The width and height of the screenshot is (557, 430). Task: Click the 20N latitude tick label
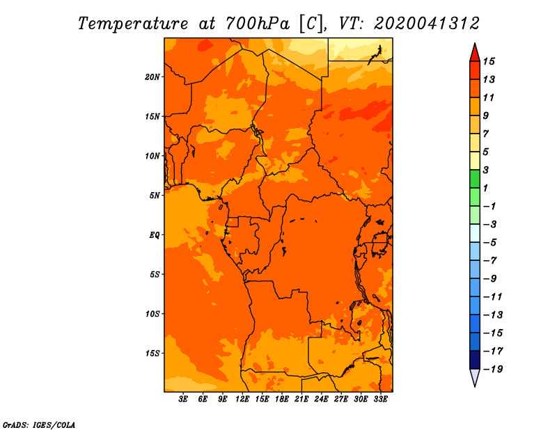(x=152, y=77)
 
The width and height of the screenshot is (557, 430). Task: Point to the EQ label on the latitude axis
(x=155, y=235)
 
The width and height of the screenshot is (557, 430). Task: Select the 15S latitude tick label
(x=152, y=353)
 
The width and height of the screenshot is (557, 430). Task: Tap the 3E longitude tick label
(x=183, y=399)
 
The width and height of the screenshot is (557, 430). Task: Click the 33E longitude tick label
(x=380, y=399)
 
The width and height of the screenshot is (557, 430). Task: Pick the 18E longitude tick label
(x=282, y=399)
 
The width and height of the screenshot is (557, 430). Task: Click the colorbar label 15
(x=489, y=61)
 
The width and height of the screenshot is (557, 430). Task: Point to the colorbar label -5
(x=490, y=243)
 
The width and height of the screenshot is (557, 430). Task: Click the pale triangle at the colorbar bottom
(x=475, y=377)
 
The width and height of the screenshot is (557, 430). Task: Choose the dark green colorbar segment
(x=475, y=179)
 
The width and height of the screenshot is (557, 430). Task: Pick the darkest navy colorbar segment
(x=475, y=360)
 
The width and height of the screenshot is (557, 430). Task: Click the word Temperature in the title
(x=133, y=24)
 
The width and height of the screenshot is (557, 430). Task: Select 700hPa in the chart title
(x=258, y=24)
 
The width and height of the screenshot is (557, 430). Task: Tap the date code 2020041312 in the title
(x=427, y=24)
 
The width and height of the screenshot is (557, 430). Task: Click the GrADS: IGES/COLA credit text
(x=39, y=425)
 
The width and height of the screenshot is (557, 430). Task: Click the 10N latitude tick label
(x=152, y=156)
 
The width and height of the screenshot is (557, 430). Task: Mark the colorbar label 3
(x=486, y=170)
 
